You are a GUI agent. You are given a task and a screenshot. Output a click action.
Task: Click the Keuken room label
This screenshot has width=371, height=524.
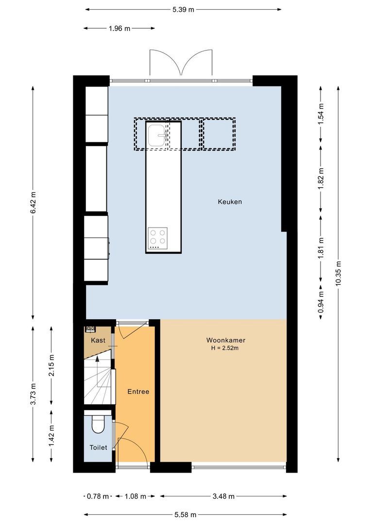click(x=230, y=202)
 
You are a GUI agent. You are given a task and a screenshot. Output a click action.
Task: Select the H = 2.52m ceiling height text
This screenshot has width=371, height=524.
click(x=224, y=348)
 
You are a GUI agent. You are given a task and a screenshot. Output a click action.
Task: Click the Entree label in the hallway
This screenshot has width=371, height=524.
click(x=138, y=392)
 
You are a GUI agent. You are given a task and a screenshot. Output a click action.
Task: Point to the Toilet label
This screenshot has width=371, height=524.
click(x=98, y=447)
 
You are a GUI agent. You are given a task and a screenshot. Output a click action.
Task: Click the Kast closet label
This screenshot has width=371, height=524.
click(x=98, y=341)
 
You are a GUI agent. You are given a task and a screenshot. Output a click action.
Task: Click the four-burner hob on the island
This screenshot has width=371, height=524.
click(x=157, y=238)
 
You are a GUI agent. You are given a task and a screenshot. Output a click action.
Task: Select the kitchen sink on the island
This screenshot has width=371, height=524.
click(x=158, y=134)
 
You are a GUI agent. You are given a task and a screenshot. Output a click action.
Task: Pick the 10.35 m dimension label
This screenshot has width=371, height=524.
click(x=338, y=274)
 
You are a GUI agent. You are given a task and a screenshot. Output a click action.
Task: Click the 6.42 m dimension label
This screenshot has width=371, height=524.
click(x=33, y=202)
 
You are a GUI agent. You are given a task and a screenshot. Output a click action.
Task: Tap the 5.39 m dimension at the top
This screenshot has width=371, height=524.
click(x=184, y=9)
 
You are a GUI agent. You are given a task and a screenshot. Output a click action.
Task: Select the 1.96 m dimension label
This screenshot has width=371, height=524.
click(x=119, y=28)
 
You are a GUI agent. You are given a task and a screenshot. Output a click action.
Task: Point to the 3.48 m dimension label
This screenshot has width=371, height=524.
click(x=224, y=496)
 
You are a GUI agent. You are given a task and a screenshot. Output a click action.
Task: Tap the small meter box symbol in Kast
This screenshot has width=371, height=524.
click(x=90, y=329)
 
